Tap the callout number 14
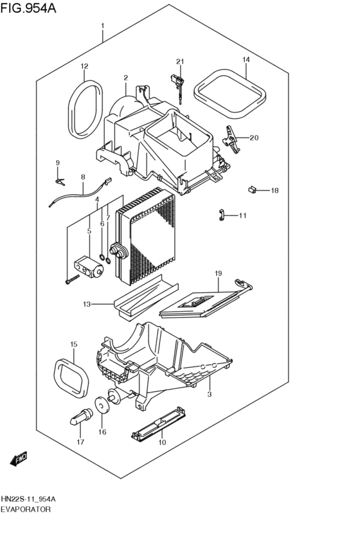pos(245,60)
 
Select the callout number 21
pos(180,62)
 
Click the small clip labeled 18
pos(253,190)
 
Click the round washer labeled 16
pos(102,406)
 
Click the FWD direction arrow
pos(19,459)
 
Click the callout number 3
pos(209,393)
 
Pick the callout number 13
pos(86,303)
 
